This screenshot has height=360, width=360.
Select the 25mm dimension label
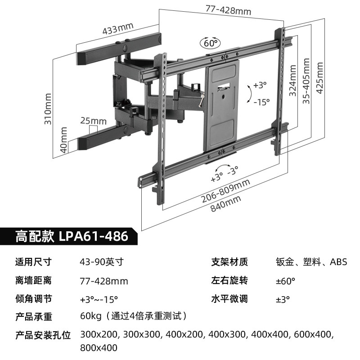click(x=94, y=121)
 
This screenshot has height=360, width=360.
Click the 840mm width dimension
click(x=226, y=204)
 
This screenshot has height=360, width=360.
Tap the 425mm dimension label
click(x=320, y=77)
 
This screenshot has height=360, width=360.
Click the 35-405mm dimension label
click(x=306, y=81)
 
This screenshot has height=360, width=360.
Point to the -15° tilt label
click(x=261, y=102)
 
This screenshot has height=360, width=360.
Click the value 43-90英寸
click(x=101, y=262)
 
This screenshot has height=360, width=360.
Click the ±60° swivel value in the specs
click(x=285, y=281)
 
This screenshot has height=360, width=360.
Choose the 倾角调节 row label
click(x=34, y=299)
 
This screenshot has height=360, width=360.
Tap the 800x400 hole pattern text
click(x=99, y=348)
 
